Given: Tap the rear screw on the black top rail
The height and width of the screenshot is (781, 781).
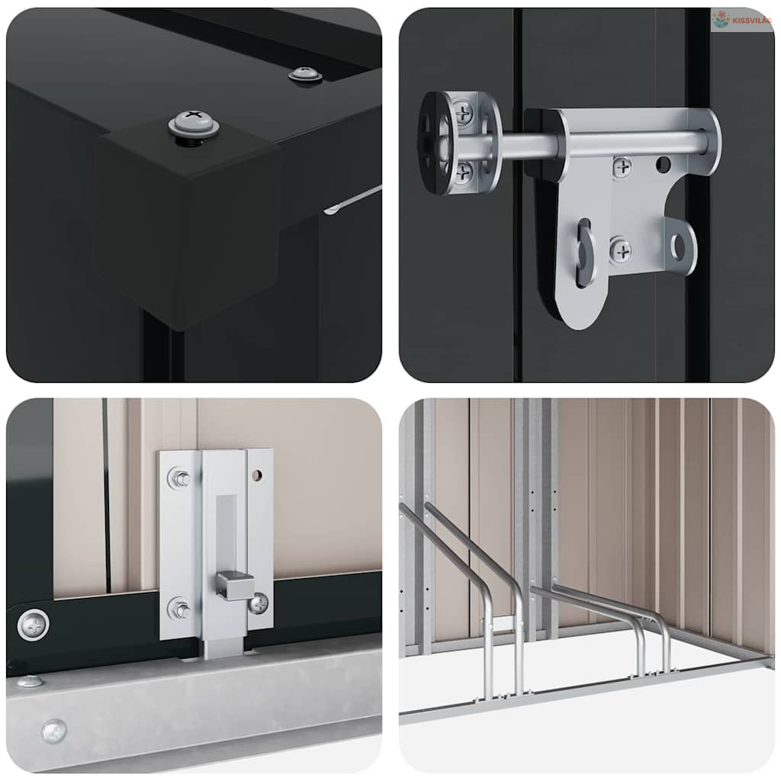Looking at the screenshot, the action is (x=305, y=76).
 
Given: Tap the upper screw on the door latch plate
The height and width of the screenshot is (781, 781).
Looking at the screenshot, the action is (x=622, y=167).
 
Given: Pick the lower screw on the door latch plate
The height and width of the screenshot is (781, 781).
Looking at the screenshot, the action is (x=622, y=250).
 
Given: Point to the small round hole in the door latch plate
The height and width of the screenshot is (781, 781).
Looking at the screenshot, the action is (x=663, y=164).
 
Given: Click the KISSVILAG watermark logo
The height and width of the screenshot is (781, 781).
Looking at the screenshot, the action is (x=741, y=20).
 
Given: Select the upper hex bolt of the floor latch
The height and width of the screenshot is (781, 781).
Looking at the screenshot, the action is (x=178, y=478).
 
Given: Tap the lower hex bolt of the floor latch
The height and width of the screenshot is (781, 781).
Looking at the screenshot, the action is (x=178, y=609).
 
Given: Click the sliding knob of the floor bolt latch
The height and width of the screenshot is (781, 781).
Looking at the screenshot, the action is (x=234, y=586).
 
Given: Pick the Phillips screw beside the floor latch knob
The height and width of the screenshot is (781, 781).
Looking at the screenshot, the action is (x=258, y=604).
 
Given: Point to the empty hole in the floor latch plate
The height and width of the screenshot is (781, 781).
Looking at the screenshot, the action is (x=256, y=476).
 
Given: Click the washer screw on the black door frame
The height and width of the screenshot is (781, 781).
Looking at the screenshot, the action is (x=34, y=625).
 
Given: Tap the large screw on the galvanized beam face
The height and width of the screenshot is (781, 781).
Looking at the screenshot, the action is (x=54, y=731).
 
